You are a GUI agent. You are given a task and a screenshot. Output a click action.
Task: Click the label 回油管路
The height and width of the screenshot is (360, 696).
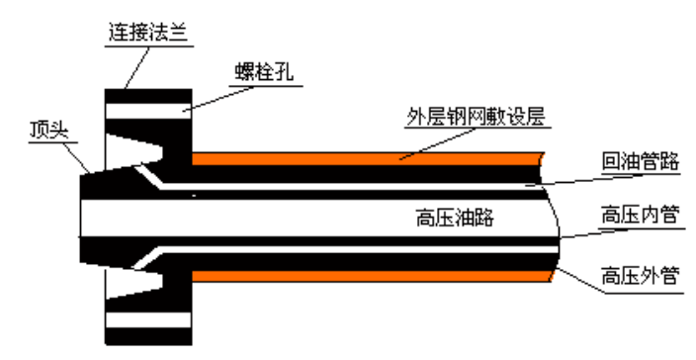coord(640,162)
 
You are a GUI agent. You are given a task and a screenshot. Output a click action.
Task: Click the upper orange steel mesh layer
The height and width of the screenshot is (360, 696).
coord(366,158)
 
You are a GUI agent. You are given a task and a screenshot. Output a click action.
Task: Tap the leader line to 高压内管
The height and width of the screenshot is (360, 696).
coord(583,233)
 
